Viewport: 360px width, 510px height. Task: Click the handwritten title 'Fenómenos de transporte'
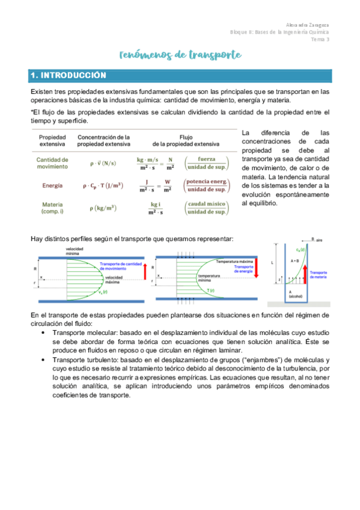pos(180,55)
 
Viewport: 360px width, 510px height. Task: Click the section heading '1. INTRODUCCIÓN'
pos(68,76)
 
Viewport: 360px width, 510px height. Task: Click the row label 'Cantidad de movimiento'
pos(52,164)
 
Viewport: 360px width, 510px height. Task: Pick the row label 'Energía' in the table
pos(52,186)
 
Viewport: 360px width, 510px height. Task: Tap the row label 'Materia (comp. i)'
pos(52,208)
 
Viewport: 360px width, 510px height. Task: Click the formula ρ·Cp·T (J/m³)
pos(99,186)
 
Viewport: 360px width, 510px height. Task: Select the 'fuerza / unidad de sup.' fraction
pos(206,164)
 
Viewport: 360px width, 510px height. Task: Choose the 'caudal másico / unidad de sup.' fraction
pos(206,208)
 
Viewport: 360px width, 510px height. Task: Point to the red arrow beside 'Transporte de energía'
pos(256,268)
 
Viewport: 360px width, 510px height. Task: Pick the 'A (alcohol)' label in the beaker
pos(295,294)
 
